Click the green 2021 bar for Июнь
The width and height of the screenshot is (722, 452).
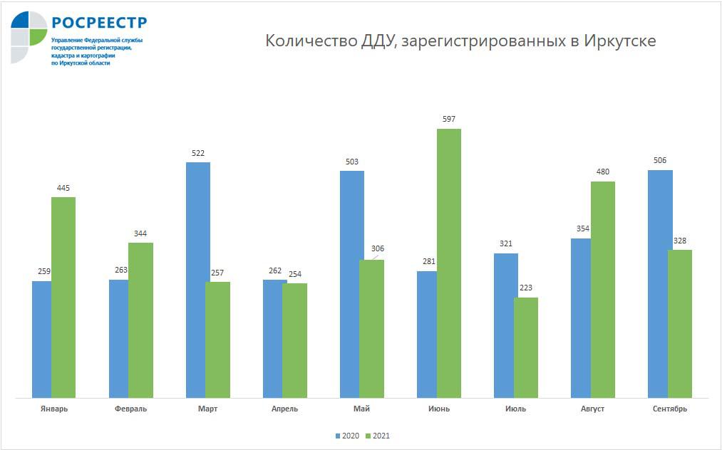448,263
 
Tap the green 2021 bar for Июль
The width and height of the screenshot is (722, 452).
525,347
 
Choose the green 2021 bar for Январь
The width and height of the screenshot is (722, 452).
63,297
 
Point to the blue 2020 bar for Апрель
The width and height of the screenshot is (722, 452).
274,338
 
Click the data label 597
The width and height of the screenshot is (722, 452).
448,119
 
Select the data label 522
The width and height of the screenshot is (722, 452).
197,153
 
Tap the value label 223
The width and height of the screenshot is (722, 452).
525,288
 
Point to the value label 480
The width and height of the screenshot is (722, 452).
602,172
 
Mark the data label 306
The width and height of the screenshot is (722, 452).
378,248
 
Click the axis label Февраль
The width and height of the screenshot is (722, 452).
130,409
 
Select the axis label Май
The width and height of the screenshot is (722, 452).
361,409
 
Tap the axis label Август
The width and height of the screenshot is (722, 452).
592,409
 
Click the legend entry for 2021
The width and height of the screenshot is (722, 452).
379,436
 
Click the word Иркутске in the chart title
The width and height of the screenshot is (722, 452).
619,41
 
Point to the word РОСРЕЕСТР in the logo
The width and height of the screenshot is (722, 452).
98,22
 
